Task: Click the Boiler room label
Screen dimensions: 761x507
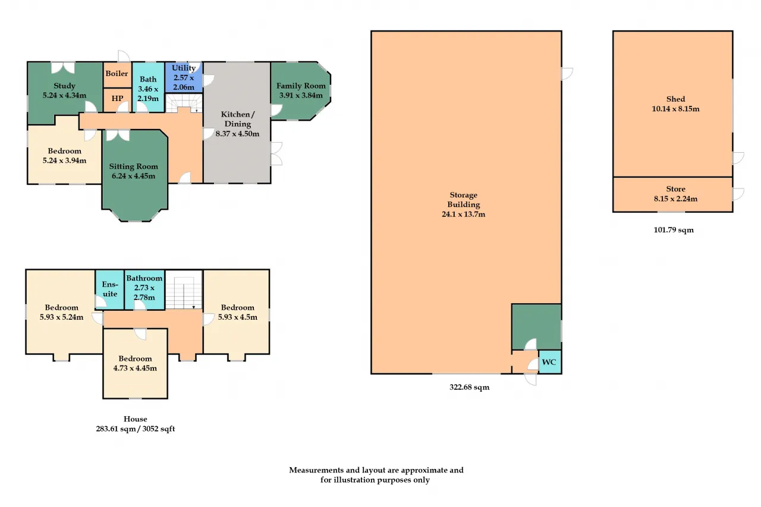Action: (117, 73)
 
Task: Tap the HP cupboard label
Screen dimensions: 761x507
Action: (117, 99)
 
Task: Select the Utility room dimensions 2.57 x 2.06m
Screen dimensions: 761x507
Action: (184, 83)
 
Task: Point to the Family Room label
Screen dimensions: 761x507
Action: (301, 86)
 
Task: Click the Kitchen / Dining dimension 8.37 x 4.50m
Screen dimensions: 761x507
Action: (237, 134)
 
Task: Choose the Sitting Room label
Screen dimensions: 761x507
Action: (134, 166)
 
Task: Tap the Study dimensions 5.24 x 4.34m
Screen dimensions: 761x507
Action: (65, 96)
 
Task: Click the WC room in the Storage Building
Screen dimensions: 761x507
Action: (550, 362)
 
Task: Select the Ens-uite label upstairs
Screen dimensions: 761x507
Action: (110, 289)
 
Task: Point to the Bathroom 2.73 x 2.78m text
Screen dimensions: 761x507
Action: (144, 288)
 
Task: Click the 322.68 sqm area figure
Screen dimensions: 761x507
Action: (470, 387)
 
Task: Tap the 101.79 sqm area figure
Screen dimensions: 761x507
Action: (674, 230)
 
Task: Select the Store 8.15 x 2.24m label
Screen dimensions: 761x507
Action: (676, 194)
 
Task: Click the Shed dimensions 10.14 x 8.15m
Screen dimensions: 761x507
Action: (676, 109)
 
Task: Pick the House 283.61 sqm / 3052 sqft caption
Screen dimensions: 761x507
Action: (136, 424)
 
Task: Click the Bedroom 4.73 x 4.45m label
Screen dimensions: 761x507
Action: (135, 363)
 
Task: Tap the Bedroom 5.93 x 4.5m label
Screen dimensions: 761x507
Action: (237, 313)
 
